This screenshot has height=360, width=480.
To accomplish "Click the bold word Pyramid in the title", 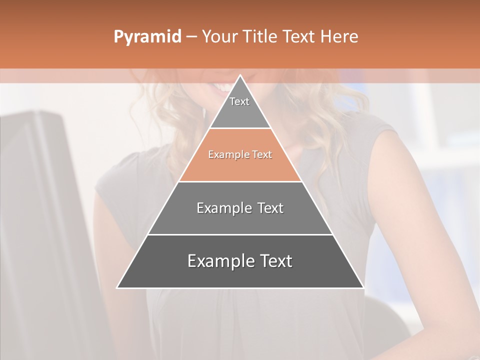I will pos(147,37).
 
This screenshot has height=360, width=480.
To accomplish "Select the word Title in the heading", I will pos(260,37).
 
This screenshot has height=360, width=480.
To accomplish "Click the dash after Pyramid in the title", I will pos(191,37).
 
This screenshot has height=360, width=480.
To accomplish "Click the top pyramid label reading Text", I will pos(239,101).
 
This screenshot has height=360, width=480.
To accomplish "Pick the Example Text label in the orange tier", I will pos(240,155).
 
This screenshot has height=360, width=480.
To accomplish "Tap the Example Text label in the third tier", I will pos(240,208).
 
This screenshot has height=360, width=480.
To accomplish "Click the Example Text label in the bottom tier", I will pos(240,261).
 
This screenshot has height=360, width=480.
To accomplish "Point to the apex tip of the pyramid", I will pos(240,76).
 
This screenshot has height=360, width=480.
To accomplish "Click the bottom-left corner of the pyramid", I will pos(118,287).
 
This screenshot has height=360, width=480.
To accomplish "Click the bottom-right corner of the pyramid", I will pos(363,287).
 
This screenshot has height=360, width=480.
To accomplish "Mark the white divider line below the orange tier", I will pos(240,181).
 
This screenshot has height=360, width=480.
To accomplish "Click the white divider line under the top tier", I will pos(240,128).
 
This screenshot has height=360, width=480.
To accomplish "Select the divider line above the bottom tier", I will pos(240,234).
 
